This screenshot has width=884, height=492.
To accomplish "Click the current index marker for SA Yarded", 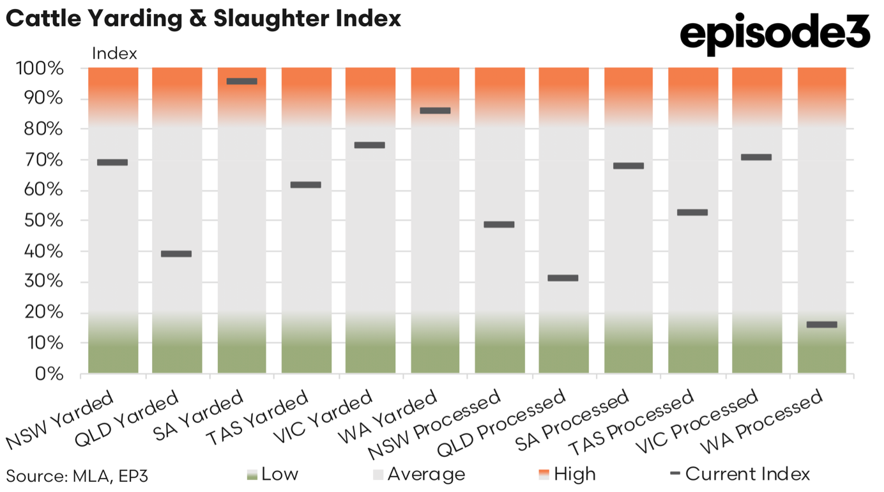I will (242, 81).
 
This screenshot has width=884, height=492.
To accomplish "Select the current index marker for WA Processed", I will (822, 325).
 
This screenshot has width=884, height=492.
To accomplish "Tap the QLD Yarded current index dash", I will (176, 254).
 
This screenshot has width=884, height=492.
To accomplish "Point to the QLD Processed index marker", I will (563, 278).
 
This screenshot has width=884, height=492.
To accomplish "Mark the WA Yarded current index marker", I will (435, 111).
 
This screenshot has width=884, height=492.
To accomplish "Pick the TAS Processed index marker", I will (692, 212).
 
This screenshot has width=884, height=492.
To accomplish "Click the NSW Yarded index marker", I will (112, 162).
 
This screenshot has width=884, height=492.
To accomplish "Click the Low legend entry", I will (273, 474).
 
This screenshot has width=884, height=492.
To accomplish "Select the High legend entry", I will (567, 474).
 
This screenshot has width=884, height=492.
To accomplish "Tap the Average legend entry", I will (419, 474).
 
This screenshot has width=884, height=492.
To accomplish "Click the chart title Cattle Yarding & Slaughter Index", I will (203, 19).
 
